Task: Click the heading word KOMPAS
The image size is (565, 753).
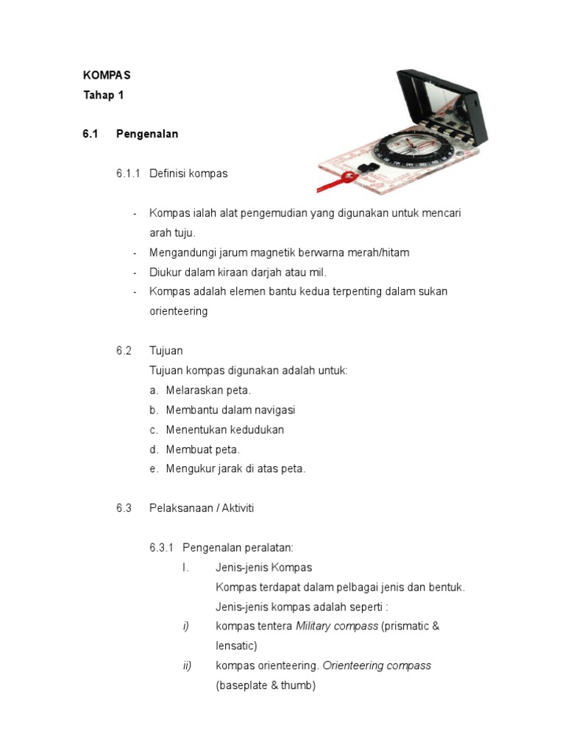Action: pyautogui.click(x=107, y=76)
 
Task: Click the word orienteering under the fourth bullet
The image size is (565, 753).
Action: pyautogui.click(x=178, y=311)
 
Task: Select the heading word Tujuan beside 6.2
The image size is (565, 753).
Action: pyautogui.click(x=166, y=351)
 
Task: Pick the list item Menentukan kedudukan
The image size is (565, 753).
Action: pyautogui.click(x=224, y=429)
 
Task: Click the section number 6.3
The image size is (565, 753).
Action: pyautogui.click(x=123, y=508)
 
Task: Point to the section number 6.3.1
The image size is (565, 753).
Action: pyautogui.click(x=161, y=548)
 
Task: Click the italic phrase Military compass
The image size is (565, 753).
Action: pyautogui.click(x=338, y=627)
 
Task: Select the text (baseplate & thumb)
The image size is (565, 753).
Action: pyautogui.click(x=265, y=685)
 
